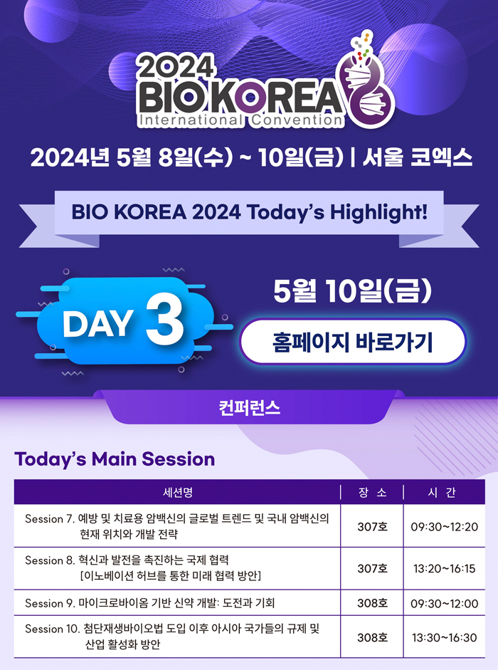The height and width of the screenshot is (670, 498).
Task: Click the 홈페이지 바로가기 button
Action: point(352,342)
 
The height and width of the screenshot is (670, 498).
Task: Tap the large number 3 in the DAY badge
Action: point(165,320)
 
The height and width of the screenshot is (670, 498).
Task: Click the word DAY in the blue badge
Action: point(97,323)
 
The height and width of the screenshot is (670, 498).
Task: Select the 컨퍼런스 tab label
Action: point(249,408)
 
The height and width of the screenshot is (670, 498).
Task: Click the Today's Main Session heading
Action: point(115,459)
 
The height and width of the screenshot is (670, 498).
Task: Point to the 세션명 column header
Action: point(178,492)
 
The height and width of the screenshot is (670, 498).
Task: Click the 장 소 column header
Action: point(372,493)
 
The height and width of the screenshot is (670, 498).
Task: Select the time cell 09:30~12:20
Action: point(444,526)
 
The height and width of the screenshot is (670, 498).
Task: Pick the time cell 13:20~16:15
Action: point(444,568)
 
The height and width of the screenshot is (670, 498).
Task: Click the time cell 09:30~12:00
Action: point(444,603)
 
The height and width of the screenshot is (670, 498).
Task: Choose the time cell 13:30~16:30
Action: point(444,637)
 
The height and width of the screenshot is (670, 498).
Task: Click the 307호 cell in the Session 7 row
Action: point(372,526)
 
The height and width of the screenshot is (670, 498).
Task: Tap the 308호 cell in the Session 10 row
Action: point(372,637)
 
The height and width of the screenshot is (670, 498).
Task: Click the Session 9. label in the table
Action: point(51,603)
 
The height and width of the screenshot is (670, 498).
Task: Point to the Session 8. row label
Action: point(51,560)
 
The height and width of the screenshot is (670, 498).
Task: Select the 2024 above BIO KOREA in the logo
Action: point(176,67)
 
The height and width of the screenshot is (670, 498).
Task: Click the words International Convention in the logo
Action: point(240,120)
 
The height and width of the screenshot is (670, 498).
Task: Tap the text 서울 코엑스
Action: point(418,158)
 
